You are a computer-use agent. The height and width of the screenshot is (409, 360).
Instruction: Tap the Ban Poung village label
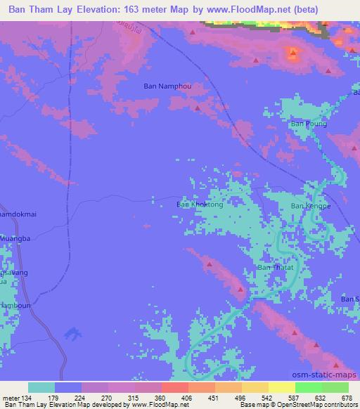(x=309, y=124)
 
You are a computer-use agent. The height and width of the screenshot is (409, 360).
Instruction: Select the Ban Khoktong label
(x=200, y=204)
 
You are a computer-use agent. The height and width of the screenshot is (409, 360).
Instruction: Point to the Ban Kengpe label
(x=310, y=206)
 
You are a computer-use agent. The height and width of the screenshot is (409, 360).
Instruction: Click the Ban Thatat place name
(x=275, y=268)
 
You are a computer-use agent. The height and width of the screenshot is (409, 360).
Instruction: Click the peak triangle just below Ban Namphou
(x=198, y=108)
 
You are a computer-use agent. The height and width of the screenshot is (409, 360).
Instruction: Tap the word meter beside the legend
(x=11, y=397)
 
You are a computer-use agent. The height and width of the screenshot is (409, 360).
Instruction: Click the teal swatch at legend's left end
(x=41, y=387)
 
